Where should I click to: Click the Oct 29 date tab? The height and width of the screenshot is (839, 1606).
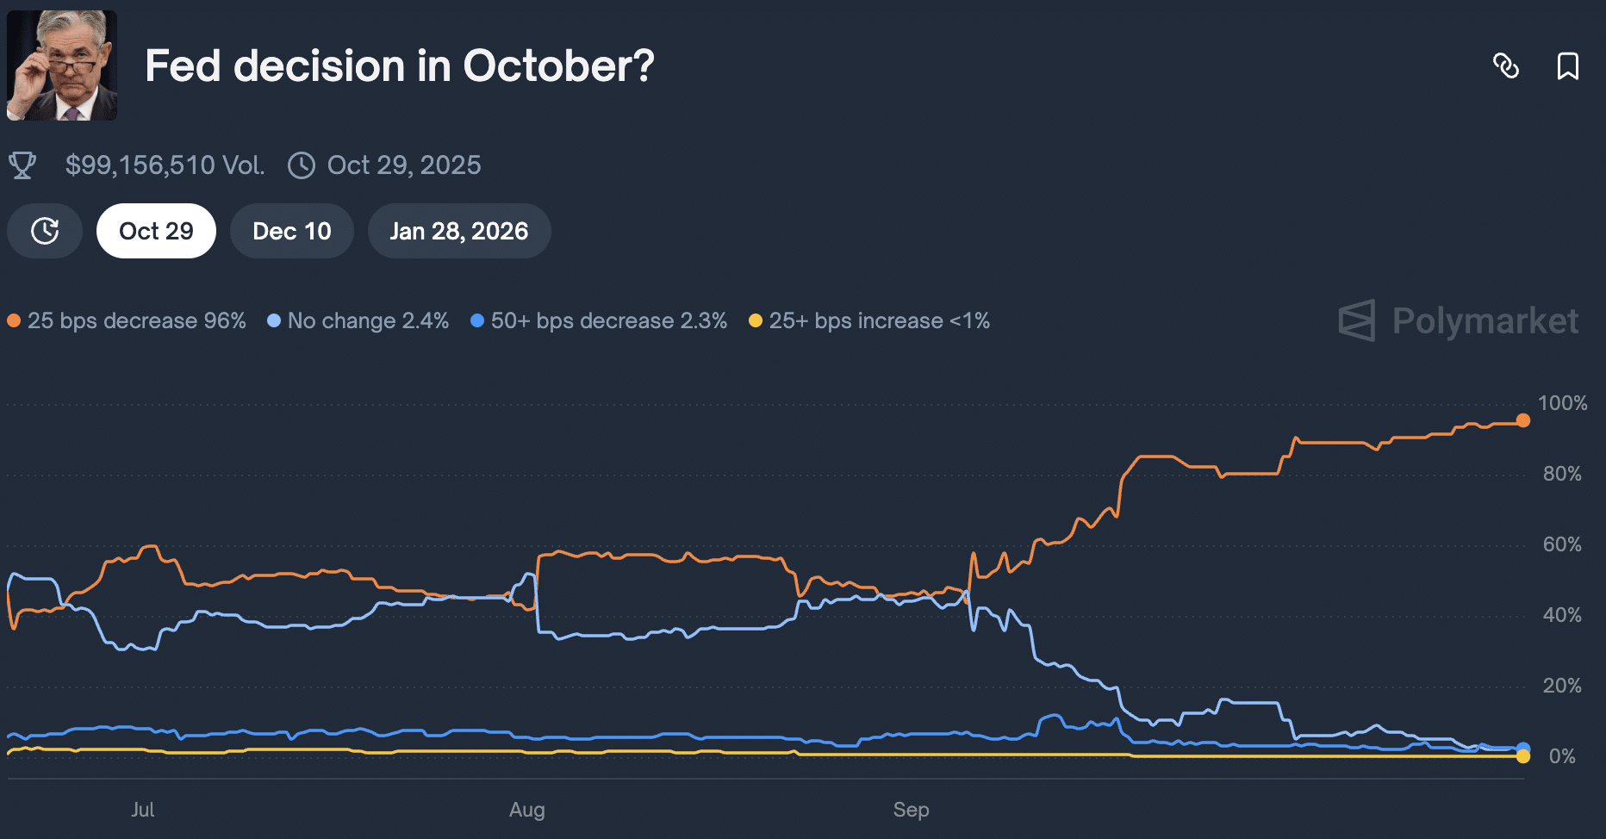click(x=156, y=231)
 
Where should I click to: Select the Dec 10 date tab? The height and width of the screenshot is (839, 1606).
click(x=291, y=231)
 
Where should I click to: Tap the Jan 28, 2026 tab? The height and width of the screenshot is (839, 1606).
click(x=458, y=231)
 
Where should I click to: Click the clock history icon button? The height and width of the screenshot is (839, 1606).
click(x=45, y=231)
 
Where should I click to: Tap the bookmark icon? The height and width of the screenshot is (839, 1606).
click(x=1567, y=66)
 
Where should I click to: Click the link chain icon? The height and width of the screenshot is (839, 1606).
click(x=1505, y=66)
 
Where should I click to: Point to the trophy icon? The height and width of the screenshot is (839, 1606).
click(x=22, y=165)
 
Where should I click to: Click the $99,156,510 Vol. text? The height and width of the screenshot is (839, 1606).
click(x=165, y=165)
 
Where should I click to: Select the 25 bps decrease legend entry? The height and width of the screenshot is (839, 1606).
click(x=128, y=321)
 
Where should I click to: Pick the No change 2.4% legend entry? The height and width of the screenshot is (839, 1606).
click(x=358, y=321)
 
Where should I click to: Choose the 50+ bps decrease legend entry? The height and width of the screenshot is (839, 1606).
click(x=599, y=321)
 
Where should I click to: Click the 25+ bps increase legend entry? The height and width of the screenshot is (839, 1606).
click(x=869, y=321)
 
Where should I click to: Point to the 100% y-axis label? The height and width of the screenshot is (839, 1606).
click(x=1562, y=403)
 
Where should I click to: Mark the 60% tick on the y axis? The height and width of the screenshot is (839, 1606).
click(x=1562, y=544)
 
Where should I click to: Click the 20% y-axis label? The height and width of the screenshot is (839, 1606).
click(x=1562, y=686)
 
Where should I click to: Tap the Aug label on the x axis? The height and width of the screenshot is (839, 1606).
click(x=526, y=810)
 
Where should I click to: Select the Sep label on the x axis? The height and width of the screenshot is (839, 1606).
click(x=911, y=810)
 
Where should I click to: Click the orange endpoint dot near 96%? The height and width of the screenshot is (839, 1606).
click(x=1523, y=420)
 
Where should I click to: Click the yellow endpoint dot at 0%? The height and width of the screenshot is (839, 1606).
click(x=1523, y=756)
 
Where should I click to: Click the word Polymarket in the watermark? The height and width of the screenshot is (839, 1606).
click(x=1485, y=321)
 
